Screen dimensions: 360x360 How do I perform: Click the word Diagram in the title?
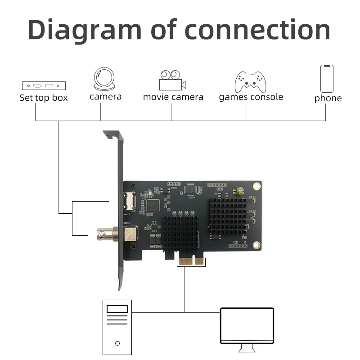point(85,30)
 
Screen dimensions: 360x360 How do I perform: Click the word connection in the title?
point(257,30)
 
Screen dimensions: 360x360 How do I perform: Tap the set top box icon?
point(44,85)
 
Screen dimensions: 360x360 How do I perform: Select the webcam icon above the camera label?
point(104,78)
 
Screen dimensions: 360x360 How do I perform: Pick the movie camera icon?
point(172,80)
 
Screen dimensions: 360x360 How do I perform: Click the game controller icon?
point(251,82)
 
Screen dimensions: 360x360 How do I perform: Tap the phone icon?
point(327,79)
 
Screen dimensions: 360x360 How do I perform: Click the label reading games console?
point(251,97)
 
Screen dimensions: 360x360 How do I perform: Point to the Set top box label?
point(44,98)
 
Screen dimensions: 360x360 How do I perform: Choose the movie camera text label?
point(173,97)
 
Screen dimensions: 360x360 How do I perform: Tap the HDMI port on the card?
point(130,201)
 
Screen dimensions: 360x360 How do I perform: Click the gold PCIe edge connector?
point(191,261)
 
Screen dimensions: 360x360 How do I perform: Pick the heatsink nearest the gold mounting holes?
point(228,216)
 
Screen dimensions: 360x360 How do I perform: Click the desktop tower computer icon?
point(117,327)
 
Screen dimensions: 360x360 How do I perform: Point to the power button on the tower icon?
point(117,343)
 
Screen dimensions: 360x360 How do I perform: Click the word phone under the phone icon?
point(328,98)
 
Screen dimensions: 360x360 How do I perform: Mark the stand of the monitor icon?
point(247,348)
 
